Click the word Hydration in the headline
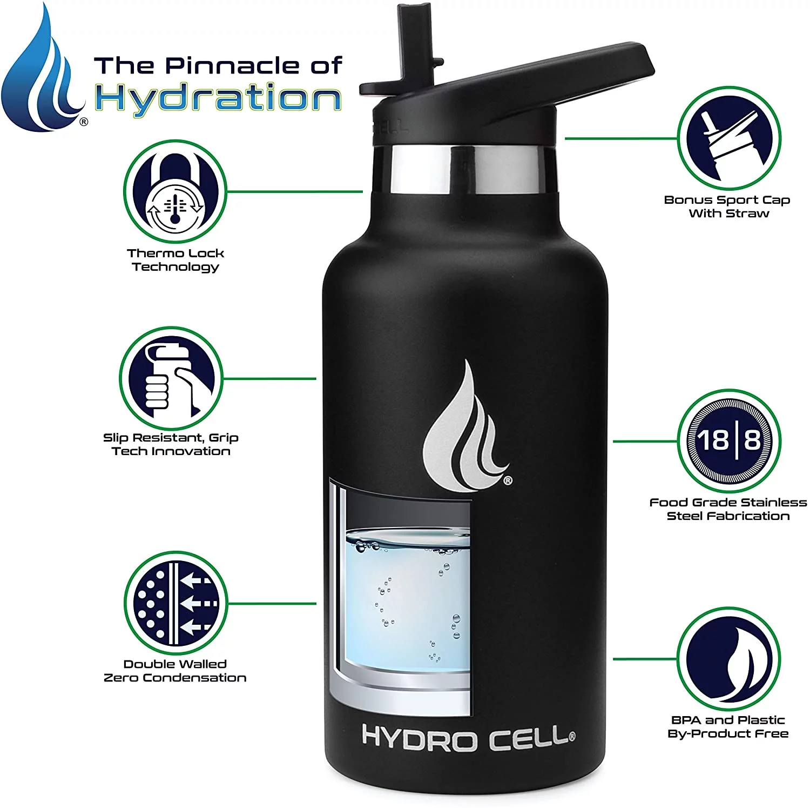(x=218, y=98)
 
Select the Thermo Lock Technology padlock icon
(x=174, y=192)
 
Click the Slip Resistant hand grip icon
(x=171, y=378)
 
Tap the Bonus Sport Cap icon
(x=728, y=138)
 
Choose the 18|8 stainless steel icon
(x=728, y=440)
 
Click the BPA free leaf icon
(x=728, y=659)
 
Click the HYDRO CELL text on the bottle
(x=468, y=737)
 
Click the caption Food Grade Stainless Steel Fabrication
(x=728, y=509)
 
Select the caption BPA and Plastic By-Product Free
(x=728, y=727)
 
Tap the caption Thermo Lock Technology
(x=175, y=260)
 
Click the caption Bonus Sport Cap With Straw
(x=727, y=206)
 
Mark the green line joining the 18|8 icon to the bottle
(x=645, y=441)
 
